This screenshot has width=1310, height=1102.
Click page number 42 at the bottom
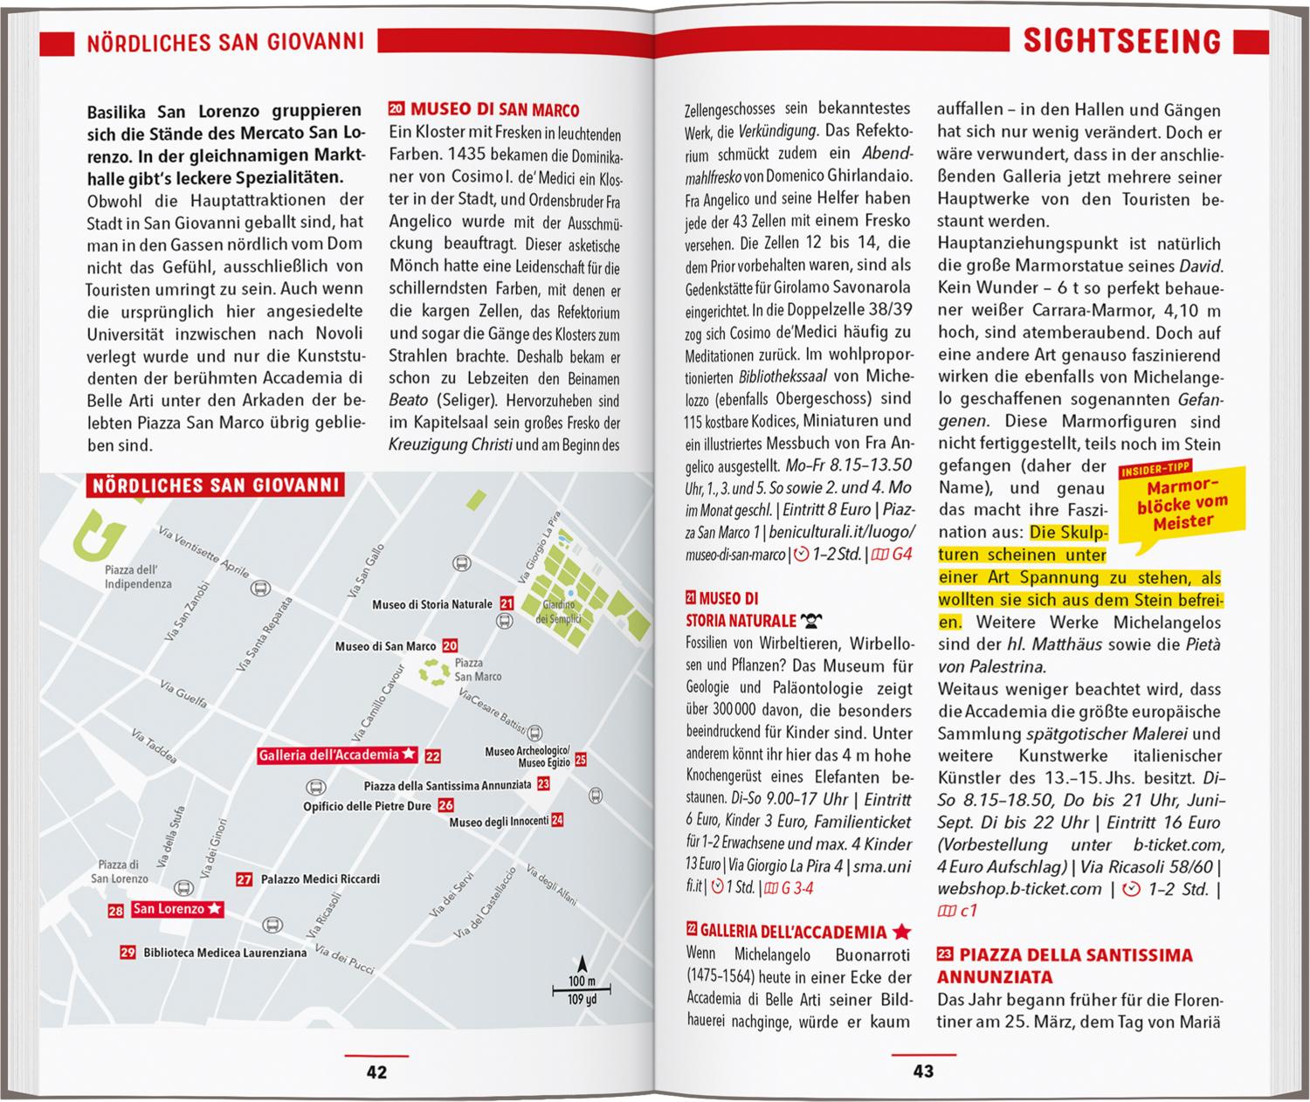tap(376, 1072)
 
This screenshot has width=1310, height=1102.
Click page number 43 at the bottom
tap(923, 1071)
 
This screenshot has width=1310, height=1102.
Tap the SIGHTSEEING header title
tap(1121, 41)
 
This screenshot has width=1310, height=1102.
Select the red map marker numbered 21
tap(507, 603)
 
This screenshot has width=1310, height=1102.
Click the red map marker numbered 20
tap(450, 646)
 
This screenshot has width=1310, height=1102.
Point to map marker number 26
tap(445, 806)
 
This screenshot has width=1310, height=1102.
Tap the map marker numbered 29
tap(128, 953)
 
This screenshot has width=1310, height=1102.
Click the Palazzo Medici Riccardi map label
tap(321, 879)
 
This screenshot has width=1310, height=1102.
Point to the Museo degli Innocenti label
tap(499, 821)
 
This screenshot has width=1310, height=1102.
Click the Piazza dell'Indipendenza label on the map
tap(138, 577)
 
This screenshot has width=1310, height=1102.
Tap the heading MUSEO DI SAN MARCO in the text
tap(494, 110)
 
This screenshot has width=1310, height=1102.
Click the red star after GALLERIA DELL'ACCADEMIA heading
tap(902, 932)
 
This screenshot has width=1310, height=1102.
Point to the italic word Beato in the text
tap(409, 400)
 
